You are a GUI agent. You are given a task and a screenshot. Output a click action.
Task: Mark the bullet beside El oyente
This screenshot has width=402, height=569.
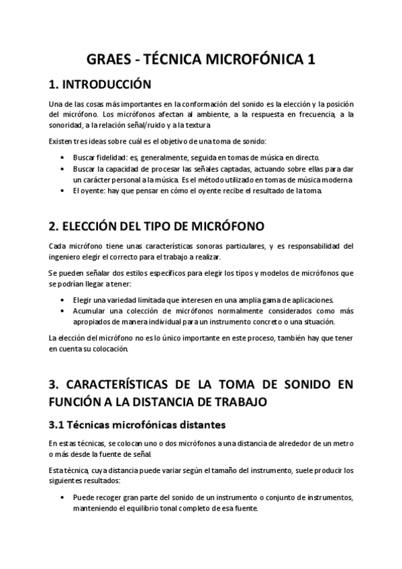point(62,191)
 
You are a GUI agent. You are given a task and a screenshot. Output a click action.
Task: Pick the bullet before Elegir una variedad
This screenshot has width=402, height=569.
point(62,300)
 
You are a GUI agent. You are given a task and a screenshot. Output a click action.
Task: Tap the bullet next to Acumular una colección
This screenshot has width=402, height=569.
point(62,311)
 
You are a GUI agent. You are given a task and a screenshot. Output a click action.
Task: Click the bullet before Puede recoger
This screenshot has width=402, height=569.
point(62,498)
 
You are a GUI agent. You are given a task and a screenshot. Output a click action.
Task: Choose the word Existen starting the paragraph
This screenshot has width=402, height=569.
point(60,141)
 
